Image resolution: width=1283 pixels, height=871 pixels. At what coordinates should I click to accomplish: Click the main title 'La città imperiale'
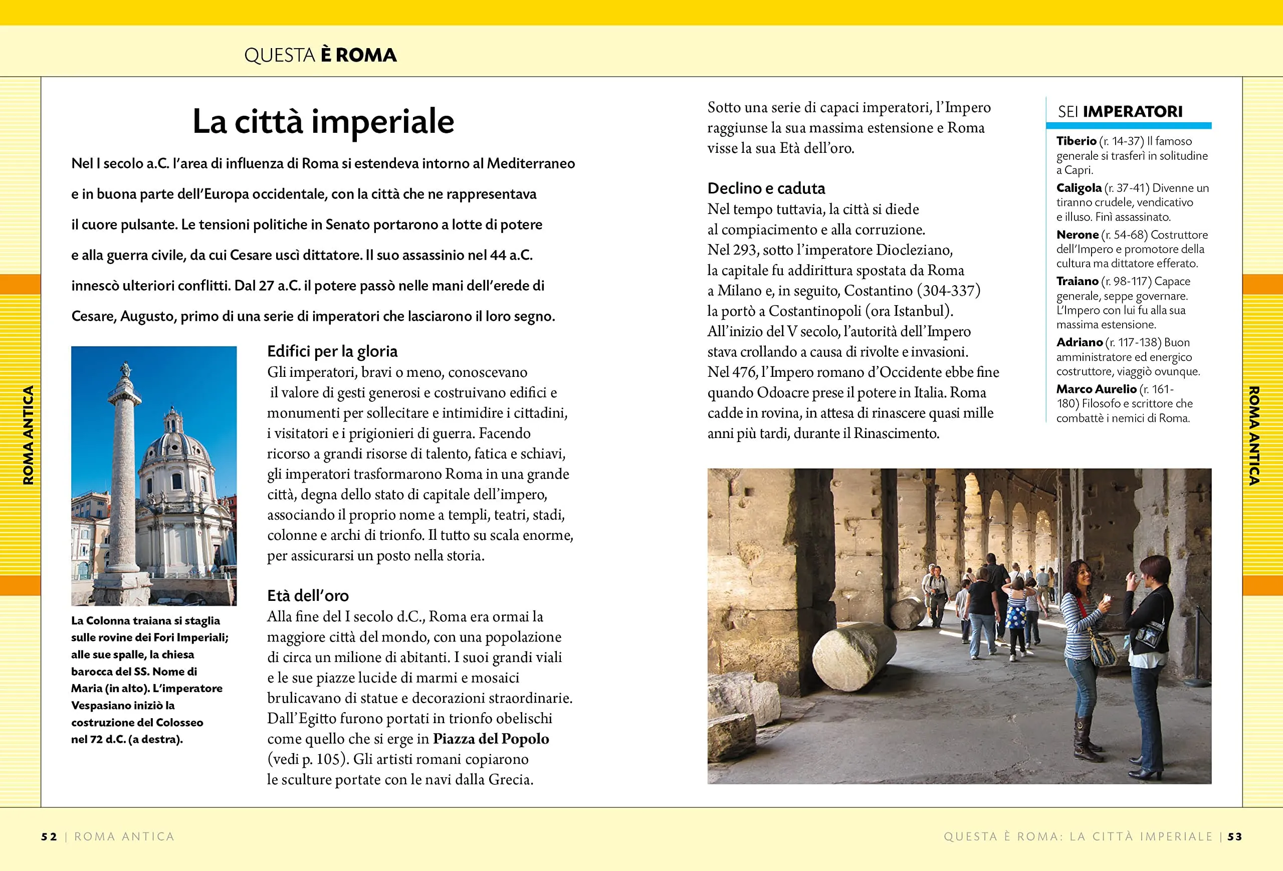click(323, 121)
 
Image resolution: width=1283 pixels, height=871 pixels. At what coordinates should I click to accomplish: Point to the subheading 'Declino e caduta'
click(766, 189)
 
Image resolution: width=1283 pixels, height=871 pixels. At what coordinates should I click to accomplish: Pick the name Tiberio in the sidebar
click(1076, 141)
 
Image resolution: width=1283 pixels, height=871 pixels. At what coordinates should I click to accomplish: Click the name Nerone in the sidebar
click(1077, 235)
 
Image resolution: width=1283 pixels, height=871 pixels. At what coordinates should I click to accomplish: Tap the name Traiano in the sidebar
click(1077, 282)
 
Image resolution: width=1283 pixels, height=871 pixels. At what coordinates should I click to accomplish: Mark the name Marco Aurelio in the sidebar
click(1096, 389)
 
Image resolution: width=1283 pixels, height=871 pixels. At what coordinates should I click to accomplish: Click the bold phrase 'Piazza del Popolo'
click(490, 739)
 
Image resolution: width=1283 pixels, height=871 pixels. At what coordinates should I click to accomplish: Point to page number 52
click(49, 837)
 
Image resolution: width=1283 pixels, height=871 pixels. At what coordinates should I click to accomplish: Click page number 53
click(1234, 837)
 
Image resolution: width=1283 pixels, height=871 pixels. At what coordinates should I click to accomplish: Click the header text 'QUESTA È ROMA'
click(320, 55)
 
